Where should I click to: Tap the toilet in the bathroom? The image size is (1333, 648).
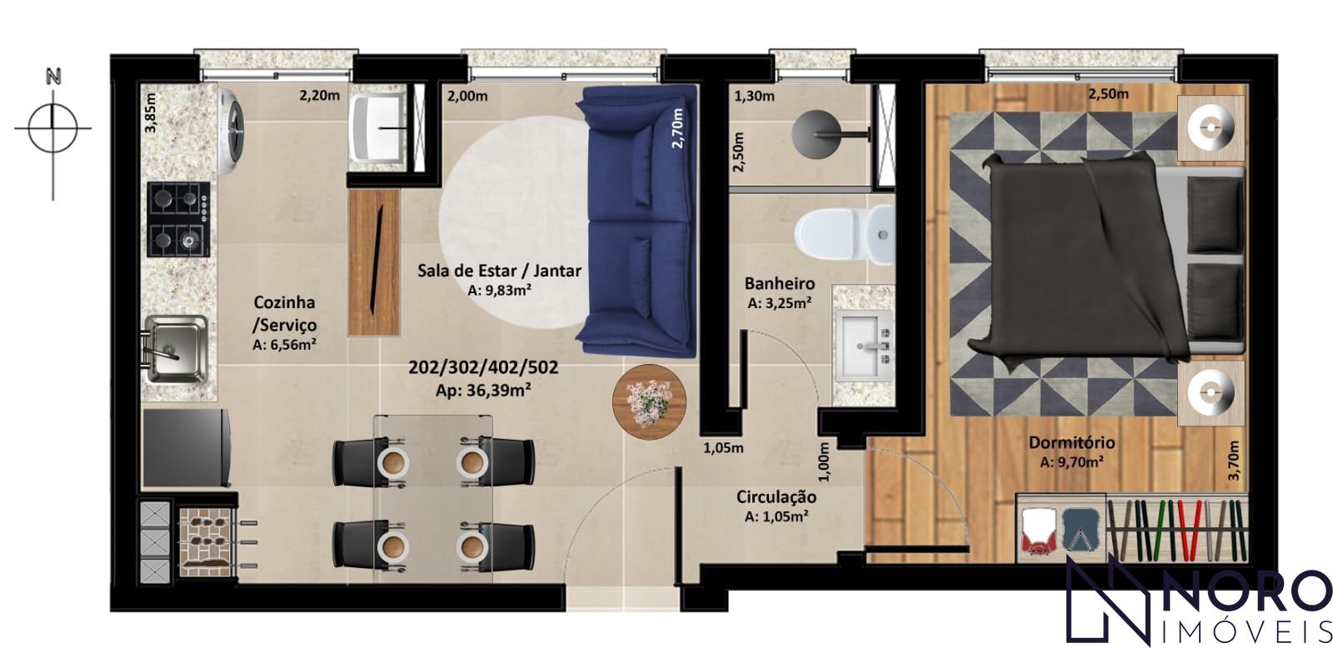[x=845, y=235]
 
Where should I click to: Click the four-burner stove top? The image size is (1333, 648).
[x=178, y=219]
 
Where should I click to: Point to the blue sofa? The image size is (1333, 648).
[x=637, y=221]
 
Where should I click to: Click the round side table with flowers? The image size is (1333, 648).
[x=649, y=402]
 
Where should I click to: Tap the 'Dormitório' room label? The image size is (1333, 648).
[x=1071, y=443]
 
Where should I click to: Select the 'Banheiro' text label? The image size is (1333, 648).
[x=780, y=283]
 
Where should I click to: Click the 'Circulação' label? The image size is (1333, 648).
[x=776, y=497]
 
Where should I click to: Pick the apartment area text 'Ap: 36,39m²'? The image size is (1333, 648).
[x=483, y=391]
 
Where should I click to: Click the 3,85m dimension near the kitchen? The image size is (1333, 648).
[x=151, y=112]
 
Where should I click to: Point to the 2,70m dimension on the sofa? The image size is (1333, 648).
[x=677, y=127]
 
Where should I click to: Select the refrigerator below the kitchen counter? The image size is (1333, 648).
[x=187, y=448]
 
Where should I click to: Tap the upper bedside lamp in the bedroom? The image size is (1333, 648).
[x=1211, y=127]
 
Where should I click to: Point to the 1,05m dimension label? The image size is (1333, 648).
[x=723, y=448]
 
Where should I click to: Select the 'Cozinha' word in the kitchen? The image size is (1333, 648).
[x=284, y=302]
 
